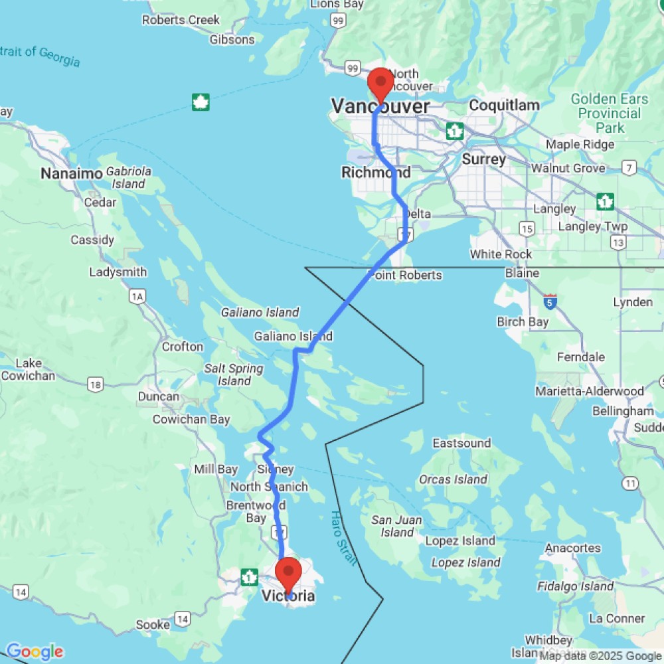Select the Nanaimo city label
coord(71,174)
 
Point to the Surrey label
coord(483,159)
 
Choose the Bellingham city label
coord(623,411)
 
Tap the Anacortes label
coord(572,548)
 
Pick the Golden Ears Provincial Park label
coord(609,113)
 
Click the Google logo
coord(35,652)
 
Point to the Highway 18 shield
coord(95,384)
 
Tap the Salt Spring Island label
coord(234,374)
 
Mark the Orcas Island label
coord(454,479)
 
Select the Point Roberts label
coord(405,275)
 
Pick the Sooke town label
coord(152,625)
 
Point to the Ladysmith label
coord(118,272)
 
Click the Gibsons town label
coord(232,40)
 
